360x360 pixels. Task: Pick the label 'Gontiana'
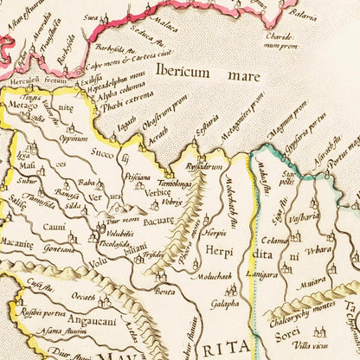[57, 245]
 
